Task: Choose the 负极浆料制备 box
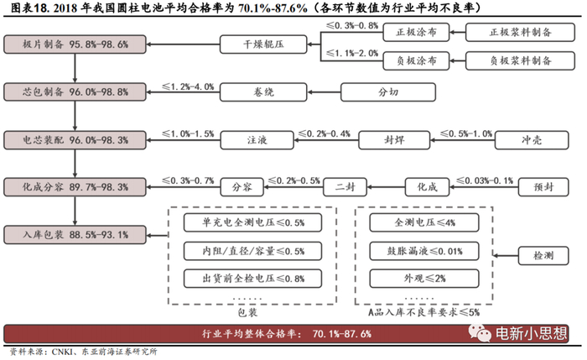pos(521,60)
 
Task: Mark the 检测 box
pos(542,253)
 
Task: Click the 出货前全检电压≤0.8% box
pos(242,278)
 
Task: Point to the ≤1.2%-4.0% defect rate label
pos(189,86)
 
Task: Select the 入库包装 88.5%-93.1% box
pos(66,233)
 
